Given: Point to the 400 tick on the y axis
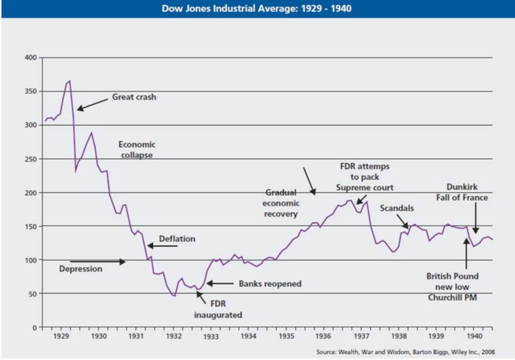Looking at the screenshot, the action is pyautogui.click(x=31, y=57).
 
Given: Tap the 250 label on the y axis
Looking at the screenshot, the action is pyautogui.click(x=31, y=159).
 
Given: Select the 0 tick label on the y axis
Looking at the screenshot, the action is pyautogui.click(x=34, y=328).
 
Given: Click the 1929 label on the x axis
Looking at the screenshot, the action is pyautogui.click(x=61, y=336).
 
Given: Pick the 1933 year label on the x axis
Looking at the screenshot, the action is pyautogui.click(x=211, y=336).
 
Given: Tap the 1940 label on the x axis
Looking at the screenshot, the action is pyautogui.click(x=474, y=336).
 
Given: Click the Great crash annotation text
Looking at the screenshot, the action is pyautogui.click(x=134, y=97).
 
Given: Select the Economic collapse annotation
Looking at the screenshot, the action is pyautogui.click(x=137, y=150).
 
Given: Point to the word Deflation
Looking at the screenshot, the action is pyautogui.click(x=177, y=239).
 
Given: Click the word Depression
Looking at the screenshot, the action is pyautogui.click(x=81, y=269).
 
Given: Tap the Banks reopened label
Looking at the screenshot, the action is pyautogui.click(x=270, y=284).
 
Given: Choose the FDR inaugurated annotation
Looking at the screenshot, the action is pyautogui.click(x=218, y=309).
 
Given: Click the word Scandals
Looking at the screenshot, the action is pyautogui.click(x=397, y=208).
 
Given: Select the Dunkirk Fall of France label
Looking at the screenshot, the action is pyautogui.click(x=462, y=192).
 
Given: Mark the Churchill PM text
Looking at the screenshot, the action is pyautogui.click(x=452, y=297).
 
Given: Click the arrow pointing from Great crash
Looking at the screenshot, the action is pyautogui.click(x=92, y=105).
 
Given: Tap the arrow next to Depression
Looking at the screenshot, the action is pyautogui.click(x=98, y=262).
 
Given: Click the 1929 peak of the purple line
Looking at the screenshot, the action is pyautogui.click(x=70, y=81).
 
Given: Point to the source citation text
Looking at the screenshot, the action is pyautogui.click(x=405, y=352).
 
